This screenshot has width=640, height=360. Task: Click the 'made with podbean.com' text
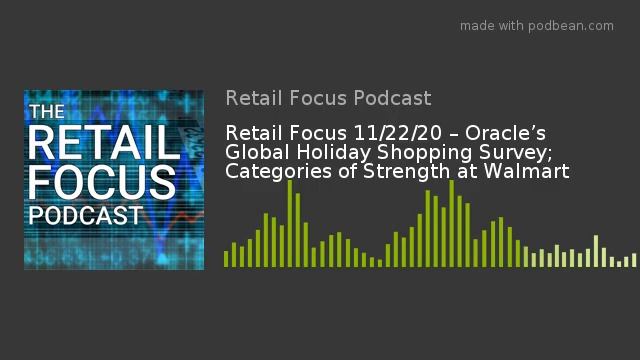536,26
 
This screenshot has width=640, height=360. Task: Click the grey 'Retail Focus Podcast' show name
328,98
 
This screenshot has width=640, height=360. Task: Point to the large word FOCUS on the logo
101,183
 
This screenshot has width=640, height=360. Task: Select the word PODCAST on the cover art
85,216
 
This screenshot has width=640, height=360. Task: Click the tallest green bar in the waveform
290,223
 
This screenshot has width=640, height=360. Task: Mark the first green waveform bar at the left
227,258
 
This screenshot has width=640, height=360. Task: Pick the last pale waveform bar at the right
634,260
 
